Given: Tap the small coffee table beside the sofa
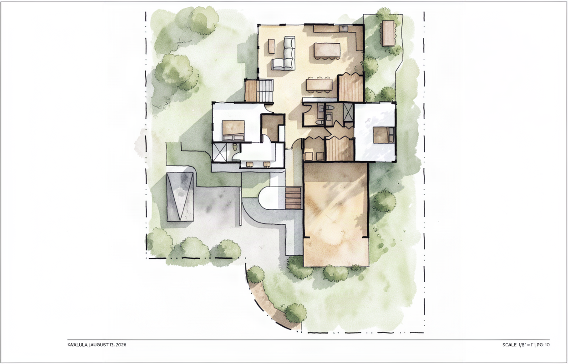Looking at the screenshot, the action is click(x=272, y=46).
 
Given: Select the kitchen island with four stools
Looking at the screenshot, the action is click(x=327, y=51).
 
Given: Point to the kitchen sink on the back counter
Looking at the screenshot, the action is click(x=344, y=28).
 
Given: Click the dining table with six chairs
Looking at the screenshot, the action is click(x=319, y=85).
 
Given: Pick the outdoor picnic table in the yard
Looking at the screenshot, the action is click(x=389, y=33).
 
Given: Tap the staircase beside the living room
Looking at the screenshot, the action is click(x=265, y=91).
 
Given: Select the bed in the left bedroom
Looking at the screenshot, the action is click(x=233, y=130).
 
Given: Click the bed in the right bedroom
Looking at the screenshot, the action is click(x=383, y=135).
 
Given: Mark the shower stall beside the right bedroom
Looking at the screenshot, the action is click(x=348, y=112).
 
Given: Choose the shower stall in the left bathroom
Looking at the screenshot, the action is click(x=219, y=152).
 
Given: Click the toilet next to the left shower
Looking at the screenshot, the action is click(x=235, y=147).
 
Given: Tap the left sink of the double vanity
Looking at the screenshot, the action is click(x=249, y=164).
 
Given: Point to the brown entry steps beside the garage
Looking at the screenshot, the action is click(x=294, y=198).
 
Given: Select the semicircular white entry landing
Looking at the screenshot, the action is click(x=272, y=198).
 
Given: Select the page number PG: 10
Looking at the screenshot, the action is click(x=543, y=345).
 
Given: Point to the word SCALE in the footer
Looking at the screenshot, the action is click(x=509, y=345).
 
